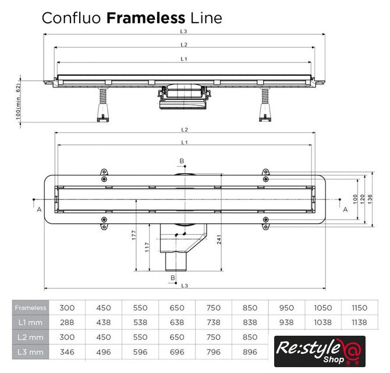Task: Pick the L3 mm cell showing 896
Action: (x=250, y=351)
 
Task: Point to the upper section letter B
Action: (x=181, y=161)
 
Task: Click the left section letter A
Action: (x=38, y=209)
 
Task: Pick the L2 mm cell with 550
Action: (x=140, y=337)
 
